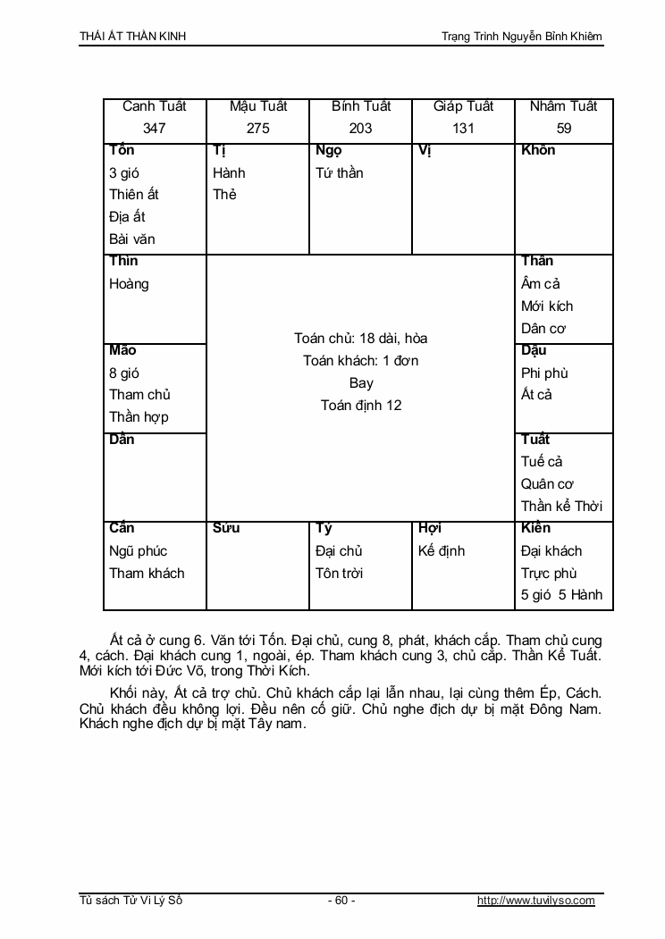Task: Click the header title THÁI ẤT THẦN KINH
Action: click(x=133, y=37)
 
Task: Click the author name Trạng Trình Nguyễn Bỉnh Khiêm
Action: click(x=522, y=37)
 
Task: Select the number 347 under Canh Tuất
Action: click(x=155, y=128)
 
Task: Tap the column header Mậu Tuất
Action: click(x=258, y=106)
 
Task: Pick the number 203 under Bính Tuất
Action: click(x=361, y=128)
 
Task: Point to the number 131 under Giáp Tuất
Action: click(x=463, y=128)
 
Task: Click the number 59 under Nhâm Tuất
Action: click(x=564, y=128)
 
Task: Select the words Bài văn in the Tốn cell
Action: click(x=132, y=239)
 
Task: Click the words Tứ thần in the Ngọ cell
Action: click(x=340, y=172)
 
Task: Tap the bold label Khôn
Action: click(x=538, y=150)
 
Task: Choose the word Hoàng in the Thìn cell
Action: click(x=129, y=284)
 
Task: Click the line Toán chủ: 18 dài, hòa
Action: click(x=361, y=339)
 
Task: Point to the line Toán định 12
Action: click(x=361, y=405)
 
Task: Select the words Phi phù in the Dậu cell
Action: click(x=544, y=373)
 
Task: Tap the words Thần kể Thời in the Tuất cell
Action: click(x=561, y=507)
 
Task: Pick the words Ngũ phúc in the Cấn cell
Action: click(x=139, y=550)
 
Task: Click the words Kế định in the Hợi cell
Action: click(x=442, y=550)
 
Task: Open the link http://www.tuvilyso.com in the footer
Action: click(x=536, y=901)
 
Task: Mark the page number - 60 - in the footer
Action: click(x=341, y=901)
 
